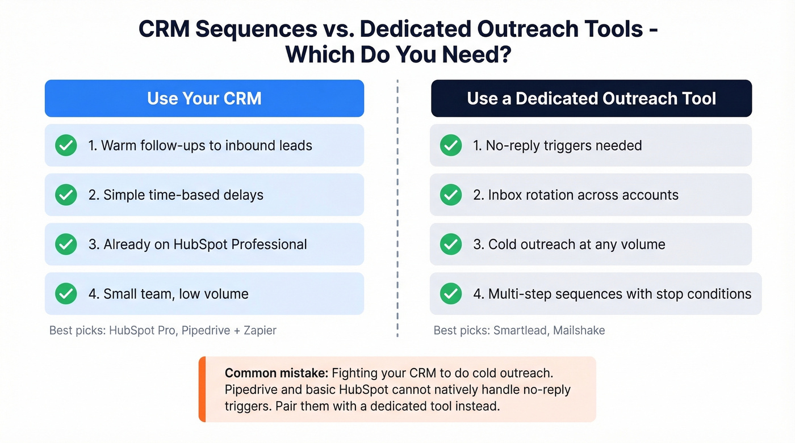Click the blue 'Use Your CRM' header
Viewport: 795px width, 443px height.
(x=204, y=98)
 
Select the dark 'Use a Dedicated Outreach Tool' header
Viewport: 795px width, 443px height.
(x=591, y=98)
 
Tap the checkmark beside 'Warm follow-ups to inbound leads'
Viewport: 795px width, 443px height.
(x=66, y=146)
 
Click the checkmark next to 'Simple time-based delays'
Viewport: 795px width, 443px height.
(x=66, y=195)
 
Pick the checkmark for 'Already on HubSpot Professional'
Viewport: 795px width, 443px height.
(x=66, y=244)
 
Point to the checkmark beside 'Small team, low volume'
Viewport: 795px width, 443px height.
(x=66, y=294)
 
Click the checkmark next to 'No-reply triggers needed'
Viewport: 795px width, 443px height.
(x=451, y=146)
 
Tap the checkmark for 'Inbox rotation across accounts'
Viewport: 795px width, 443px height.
(x=451, y=195)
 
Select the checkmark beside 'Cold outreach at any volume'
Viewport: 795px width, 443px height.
(x=451, y=244)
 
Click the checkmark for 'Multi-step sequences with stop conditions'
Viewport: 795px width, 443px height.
(x=451, y=294)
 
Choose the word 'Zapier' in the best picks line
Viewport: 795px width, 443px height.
(x=260, y=330)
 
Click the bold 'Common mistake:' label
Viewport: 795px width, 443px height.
(x=276, y=373)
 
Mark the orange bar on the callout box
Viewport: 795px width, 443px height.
(x=202, y=389)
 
